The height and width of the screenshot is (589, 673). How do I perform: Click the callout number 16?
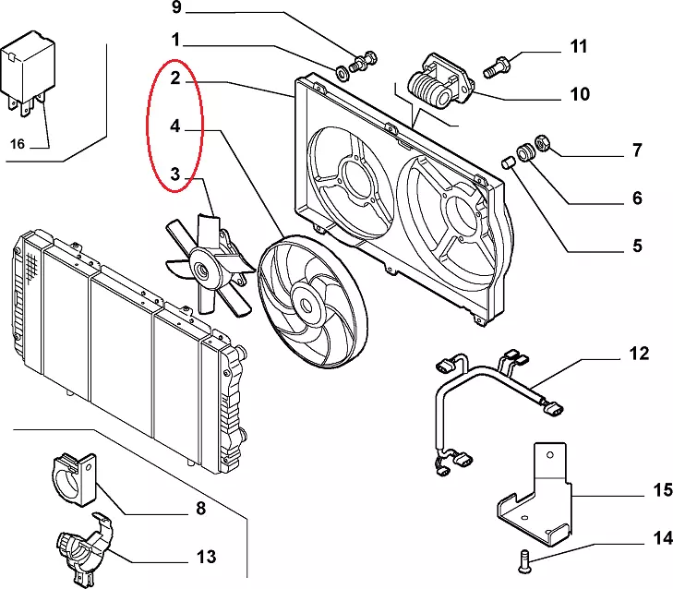18,143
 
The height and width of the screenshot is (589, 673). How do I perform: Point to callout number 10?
579,93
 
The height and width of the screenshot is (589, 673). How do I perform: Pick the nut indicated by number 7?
544,143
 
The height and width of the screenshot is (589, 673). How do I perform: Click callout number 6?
636,198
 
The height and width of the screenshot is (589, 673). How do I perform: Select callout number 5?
636,246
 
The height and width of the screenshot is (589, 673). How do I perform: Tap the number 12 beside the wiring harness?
639,354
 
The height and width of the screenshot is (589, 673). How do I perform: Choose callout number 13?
206,557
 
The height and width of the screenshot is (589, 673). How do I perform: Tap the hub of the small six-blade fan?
200,270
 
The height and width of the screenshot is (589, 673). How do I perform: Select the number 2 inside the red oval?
174,78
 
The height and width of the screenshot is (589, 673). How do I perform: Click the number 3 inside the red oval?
174,172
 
